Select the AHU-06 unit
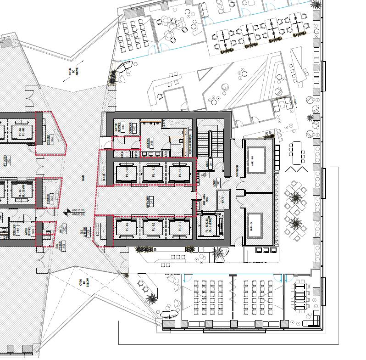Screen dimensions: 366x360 pyautogui.click(x=258, y=221)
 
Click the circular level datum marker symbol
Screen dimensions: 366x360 pyautogui.click(x=67, y=212)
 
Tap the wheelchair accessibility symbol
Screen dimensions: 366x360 pyautogui.click(x=204, y=175)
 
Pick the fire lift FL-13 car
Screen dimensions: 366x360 pyautogui.click(x=209, y=226)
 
